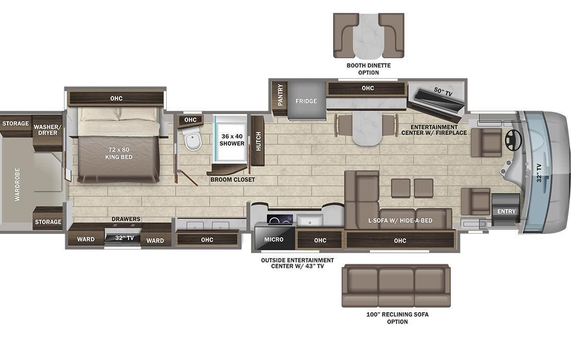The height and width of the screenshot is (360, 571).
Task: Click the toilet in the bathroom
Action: click(193, 140)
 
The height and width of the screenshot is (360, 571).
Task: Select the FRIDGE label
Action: click(306, 101)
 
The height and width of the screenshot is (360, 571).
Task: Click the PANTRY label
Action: click(280, 95)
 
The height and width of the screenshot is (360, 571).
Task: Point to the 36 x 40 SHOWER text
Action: click(232, 139)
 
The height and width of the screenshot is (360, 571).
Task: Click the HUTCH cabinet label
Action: click(258, 141)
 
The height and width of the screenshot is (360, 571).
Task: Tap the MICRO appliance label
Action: click(274, 240)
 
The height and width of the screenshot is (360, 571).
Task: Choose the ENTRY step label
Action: click(506, 211)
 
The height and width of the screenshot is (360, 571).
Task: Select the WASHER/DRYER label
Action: click(47, 129)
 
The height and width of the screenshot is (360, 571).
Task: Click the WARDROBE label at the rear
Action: click(17, 184)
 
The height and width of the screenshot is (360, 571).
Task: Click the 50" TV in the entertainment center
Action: click(437, 99)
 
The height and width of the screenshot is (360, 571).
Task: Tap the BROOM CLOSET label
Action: click(233, 179)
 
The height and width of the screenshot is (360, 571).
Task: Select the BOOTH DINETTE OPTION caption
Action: click(368, 69)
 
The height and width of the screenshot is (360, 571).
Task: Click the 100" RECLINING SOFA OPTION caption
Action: click(397, 318)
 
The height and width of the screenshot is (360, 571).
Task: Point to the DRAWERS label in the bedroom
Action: click(126, 219)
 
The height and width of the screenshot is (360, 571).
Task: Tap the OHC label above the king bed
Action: click(116, 98)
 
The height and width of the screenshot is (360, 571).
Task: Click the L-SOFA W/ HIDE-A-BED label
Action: click(400, 221)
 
